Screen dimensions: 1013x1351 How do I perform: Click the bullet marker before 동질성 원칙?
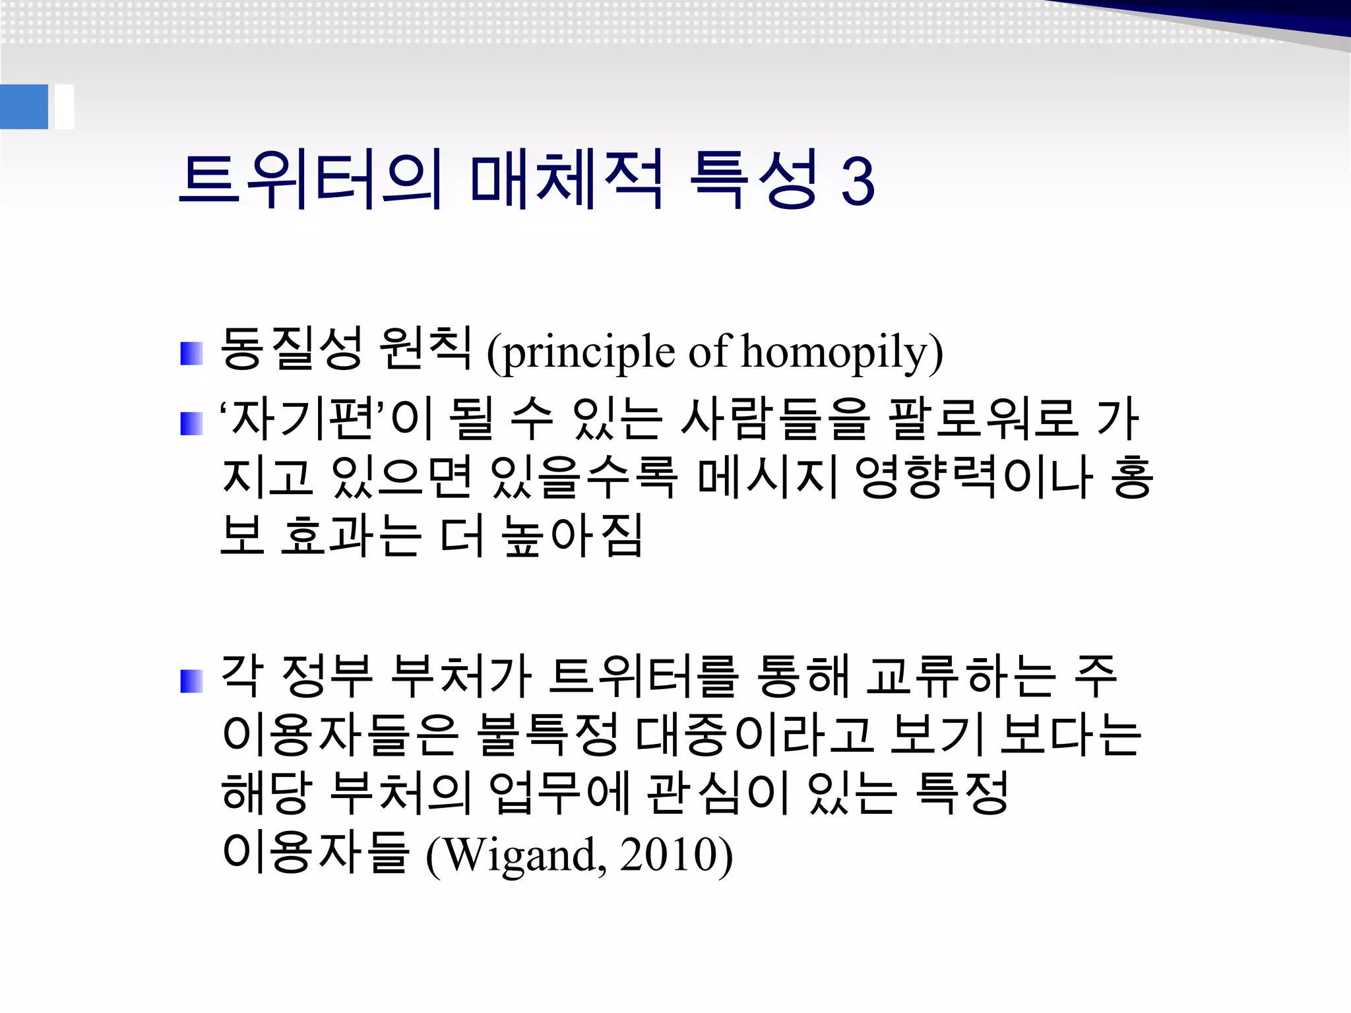[x=191, y=353]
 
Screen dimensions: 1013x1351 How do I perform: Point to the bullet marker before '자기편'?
[x=191, y=423]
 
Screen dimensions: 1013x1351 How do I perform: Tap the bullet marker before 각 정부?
[x=191, y=681]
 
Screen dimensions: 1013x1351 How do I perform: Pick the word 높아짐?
[x=571, y=536]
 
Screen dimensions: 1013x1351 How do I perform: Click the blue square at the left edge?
[x=24, y=107]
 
